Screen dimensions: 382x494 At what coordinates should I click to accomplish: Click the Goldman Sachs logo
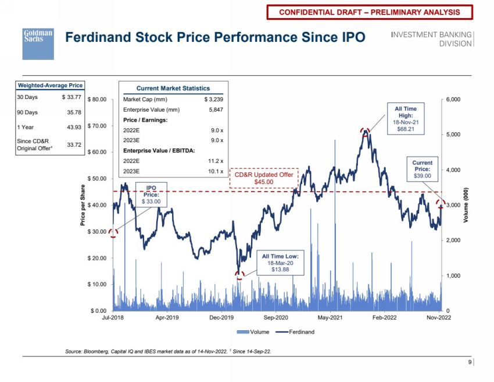38,44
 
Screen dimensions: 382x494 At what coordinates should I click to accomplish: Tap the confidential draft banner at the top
369,12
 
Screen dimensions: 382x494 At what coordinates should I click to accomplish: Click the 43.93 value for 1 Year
74,127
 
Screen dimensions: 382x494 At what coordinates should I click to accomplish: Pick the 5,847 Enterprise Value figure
216,109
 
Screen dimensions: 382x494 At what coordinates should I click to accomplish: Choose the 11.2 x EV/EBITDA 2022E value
216,161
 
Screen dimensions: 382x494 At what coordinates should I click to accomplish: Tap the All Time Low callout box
280,263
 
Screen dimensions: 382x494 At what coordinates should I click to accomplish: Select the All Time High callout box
406,118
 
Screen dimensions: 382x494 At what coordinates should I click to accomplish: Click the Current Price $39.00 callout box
423,169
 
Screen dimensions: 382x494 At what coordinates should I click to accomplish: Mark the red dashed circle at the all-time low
239,275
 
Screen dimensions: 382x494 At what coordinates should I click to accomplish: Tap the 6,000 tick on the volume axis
452,100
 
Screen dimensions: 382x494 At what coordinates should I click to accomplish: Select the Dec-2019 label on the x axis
221,318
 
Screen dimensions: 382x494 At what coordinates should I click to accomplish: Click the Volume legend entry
255,332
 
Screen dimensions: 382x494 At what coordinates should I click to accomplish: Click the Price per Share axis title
83,204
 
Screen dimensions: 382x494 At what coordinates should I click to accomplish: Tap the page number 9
470,363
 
